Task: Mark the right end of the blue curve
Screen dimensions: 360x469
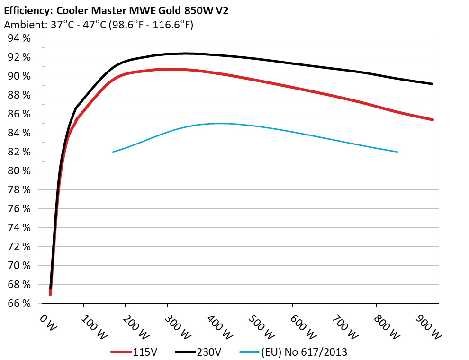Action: coord(397,152)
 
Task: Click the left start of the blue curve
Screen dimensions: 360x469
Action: coord(113,152)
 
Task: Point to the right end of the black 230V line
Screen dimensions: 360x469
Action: coord(433,84)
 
